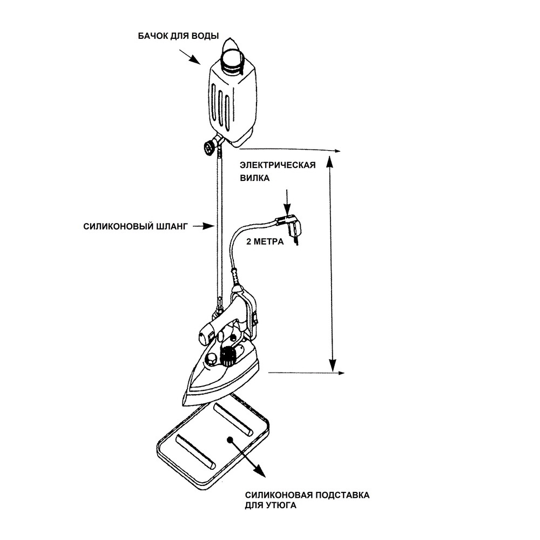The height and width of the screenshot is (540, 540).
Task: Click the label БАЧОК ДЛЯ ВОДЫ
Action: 178,36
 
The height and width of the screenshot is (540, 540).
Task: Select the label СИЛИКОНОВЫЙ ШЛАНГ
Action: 136,226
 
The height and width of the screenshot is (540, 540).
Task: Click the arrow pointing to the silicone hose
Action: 204,226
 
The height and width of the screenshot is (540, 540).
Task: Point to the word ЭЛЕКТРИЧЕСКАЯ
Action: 278,165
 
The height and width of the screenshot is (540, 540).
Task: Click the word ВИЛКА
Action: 255,178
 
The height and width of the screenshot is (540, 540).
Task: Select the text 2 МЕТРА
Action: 265,242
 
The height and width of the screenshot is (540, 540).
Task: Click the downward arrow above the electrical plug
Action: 287,202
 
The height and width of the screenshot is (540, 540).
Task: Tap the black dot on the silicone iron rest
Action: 230,439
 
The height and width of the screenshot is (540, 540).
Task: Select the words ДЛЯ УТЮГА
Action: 271,505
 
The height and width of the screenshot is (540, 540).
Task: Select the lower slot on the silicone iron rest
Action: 195,451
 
